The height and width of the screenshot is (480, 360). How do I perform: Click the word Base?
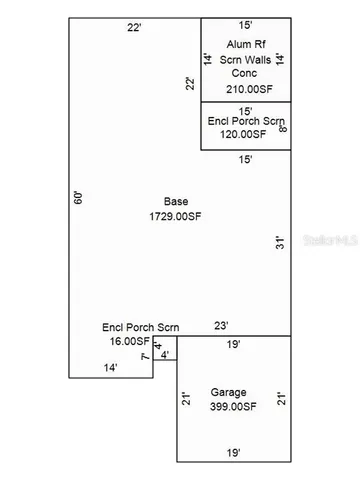coord(176,200)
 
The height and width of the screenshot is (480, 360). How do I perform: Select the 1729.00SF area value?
coord(176,215)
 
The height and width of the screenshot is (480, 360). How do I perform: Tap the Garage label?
coord(229,392)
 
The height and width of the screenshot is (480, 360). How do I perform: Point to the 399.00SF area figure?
coord(234,406)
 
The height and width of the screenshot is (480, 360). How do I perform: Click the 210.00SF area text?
coord(248,89)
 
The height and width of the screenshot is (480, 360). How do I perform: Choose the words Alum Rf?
coord(247,44)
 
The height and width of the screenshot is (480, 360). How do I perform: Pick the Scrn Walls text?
coord(247,58)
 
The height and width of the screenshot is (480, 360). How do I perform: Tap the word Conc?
coord(247,72)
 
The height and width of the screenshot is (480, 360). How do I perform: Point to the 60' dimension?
coord(76,197)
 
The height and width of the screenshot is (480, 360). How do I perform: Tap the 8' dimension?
coord(283,127)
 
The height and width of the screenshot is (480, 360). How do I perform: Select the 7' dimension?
coord(145,356)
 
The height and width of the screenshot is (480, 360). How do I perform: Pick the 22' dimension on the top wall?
coord(134,27)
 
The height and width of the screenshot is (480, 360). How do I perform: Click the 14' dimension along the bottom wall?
coord(111,368)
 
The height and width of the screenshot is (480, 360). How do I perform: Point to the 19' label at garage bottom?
coord(233,453)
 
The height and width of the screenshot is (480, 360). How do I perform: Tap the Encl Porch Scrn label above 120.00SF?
coord(246,121)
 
